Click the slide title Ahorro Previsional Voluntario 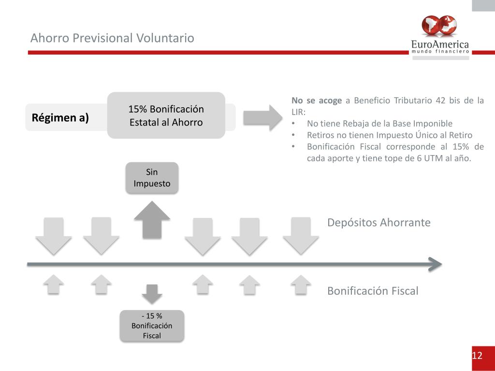pos(112,38)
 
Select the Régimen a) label pos(60,117)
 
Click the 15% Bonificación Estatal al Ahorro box pos(166,115)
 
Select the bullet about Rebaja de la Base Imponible pos(379,123)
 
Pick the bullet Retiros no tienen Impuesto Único pos(389,135)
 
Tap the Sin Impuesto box pos(152,178)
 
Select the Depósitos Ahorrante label pos(379,223)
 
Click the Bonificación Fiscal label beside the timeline pos(372,291)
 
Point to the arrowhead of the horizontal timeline pos(435,264)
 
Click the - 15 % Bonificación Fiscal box pos(152,326)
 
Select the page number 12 pos(477,356)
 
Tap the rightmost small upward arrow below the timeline pos(301,285)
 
